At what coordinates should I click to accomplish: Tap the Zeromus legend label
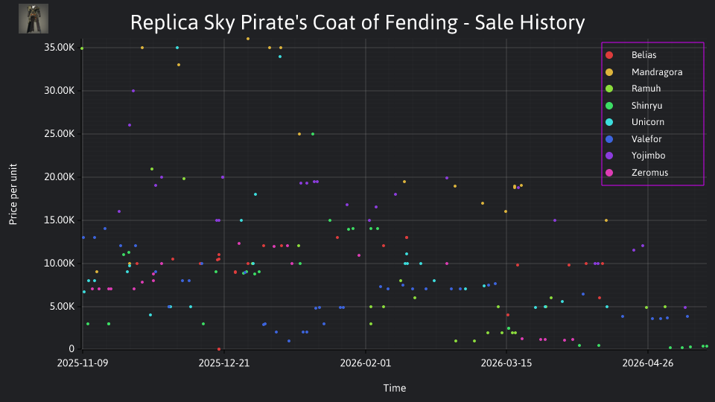tap(649, 173)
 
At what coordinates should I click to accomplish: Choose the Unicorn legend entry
tap(647, 122)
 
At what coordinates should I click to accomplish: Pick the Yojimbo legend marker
tap(609, 156)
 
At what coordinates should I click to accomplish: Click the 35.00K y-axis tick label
tap(60, 48)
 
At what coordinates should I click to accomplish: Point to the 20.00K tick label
tap(60, 177)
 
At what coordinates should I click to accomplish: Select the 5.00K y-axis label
tap(62, 306)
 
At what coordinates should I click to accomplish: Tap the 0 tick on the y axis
tap(71, 348)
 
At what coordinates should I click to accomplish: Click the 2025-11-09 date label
tap(83, 363)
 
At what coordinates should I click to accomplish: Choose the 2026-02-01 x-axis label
tap(365, 363)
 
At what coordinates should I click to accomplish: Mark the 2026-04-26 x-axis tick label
tap(647, 363)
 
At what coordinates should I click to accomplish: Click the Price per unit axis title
tap(13, 194)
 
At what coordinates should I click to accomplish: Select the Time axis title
tap(395, 389)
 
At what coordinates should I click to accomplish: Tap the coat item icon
tap(34, 19)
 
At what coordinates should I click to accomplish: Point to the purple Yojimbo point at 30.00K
tap(133, 91)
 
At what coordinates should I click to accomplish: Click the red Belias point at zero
tap(219, 349)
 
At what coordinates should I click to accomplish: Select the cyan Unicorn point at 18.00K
tap(255, 194)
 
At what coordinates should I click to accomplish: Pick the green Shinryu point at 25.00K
tap(313, 134)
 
